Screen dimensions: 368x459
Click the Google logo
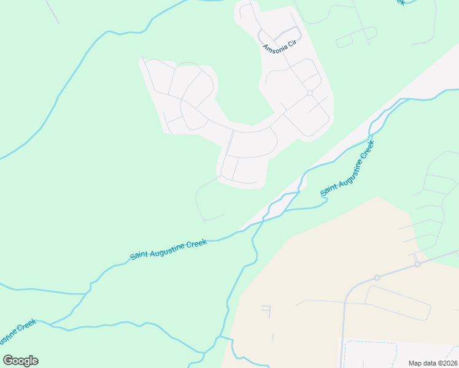[21, 361]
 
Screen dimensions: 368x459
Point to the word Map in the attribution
[417, 363]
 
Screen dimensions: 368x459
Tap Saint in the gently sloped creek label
[141, 255]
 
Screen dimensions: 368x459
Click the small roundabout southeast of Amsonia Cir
[310, 93]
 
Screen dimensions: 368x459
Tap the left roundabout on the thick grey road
[377, 278]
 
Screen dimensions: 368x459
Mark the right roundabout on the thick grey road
[417, 264]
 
